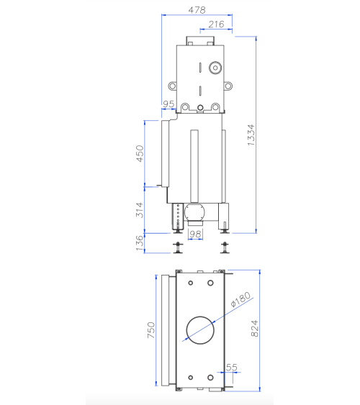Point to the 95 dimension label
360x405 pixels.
tap(168, 105)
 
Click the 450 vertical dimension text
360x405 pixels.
tap(141, 153)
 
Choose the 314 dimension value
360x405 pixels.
tap(141, 209)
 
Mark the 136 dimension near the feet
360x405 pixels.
tap(141, 242)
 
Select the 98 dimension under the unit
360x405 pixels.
tap(195, 235)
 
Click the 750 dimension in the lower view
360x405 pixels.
tap(151, 330)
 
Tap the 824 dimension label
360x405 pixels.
tap(253, 329)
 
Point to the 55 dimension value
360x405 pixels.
tap(232, 368)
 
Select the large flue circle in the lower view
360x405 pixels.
tap(201, 330)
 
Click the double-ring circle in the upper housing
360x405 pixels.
tap(215, 70)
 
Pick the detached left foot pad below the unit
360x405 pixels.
tap(176, 248)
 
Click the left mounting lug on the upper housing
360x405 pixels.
tap(170, 85)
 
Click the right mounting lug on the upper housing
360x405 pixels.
tap(229, 85)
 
